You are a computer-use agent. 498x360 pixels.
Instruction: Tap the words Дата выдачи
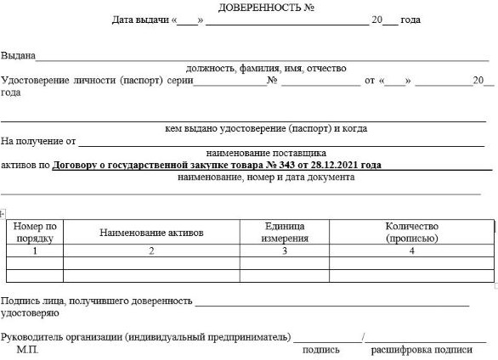pyautogui.click(x=140, y=19)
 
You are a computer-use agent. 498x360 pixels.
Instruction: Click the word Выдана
pyautogui.click(x=18, y=56)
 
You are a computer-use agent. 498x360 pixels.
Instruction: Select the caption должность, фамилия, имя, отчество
pyautogui.click(x=266, y=68)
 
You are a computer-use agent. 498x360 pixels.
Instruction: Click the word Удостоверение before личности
pyautogui.click(x=39, y=81)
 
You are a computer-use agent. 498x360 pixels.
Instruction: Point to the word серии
pyautogui.click(x=180, y=81)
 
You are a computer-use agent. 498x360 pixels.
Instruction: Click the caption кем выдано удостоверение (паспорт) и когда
pyautogui.click(x=266, y=129)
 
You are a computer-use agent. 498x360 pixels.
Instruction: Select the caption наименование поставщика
pyautogui.click(x=266, y=154)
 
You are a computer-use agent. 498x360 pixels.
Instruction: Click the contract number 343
pyautogui.click(x=270, y=166)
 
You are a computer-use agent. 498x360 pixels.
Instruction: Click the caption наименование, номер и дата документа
pyautogui.click(x=266, y=177)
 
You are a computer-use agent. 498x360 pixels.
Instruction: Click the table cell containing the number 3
pyautogui.click(x=284, y=251)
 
